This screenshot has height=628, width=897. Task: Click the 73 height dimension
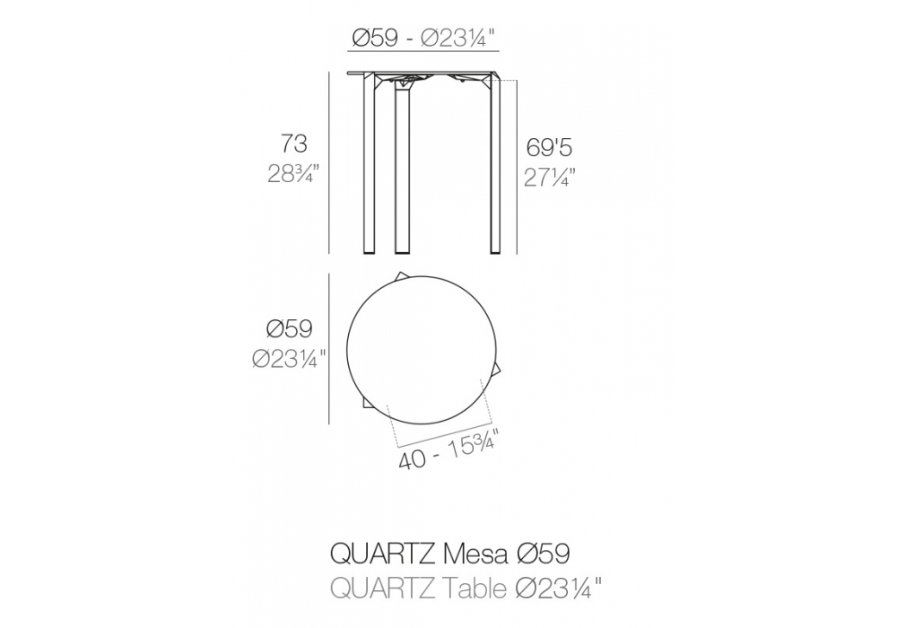pos(294,144)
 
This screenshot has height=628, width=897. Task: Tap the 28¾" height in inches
pos(293,173)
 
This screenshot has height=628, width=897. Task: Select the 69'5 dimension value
pos(549,148)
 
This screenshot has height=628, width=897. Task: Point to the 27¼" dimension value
pos(549,178)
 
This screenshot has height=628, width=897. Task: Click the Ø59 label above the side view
pos(375,39)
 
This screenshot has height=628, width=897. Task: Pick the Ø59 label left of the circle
pos(290,329)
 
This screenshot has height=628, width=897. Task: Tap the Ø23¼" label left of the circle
pos(290,359)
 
